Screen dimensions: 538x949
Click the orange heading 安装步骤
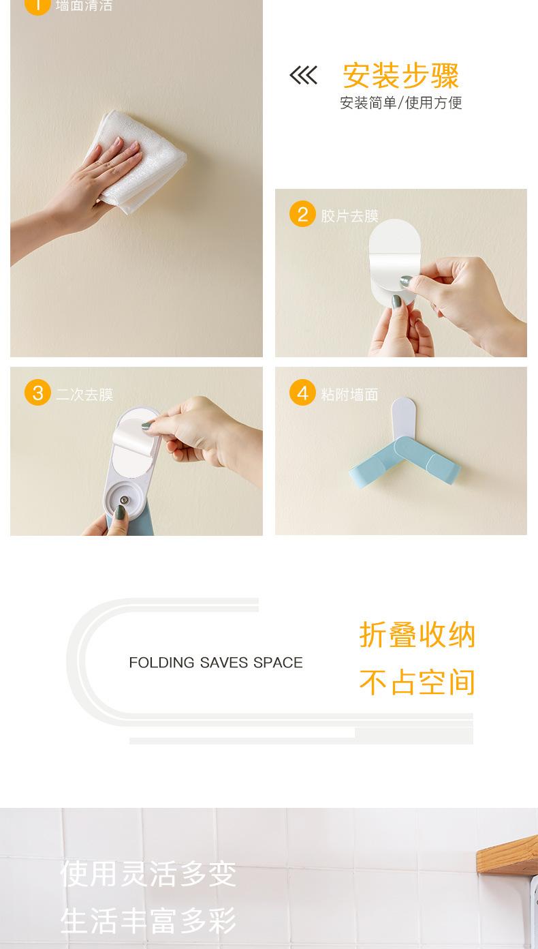[401, 76]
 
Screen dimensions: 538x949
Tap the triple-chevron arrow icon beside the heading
[303, 76]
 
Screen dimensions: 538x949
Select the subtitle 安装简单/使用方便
[401, 102]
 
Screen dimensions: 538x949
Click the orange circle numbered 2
[302, 214]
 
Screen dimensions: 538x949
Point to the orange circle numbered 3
[37, 392]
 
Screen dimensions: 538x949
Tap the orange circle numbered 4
[302, 392]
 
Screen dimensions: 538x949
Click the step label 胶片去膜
[349, 216]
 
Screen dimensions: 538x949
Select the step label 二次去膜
[84, 395]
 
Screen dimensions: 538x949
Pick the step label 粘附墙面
[349, 395]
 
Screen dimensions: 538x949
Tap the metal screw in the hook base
[124, 500]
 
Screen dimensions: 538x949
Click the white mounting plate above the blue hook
[403, 417]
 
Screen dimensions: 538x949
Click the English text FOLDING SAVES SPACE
[216, 663]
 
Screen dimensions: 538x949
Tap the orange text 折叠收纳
[417, 635]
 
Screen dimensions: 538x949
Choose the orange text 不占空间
[417, 682]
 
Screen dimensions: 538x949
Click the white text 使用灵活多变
[148, 873]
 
